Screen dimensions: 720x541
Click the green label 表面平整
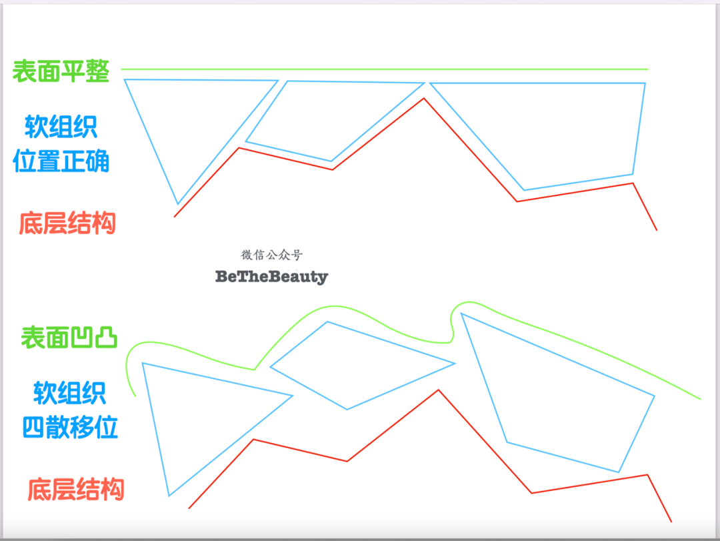pos(61,71)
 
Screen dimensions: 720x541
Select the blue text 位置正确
pos(61,161)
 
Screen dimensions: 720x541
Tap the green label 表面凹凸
pos(69,337)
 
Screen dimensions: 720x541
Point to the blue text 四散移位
pos(70,427)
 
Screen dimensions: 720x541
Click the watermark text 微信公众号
pos(271,255)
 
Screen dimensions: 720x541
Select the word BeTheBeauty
pos(271,276)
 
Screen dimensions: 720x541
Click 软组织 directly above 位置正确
pos(61,125)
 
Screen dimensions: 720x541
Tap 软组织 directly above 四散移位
pos(70,393)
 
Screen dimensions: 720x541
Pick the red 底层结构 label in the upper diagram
pos(67,223)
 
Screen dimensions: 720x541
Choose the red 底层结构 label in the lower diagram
pos(76,490)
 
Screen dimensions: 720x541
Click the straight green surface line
pos(384,69)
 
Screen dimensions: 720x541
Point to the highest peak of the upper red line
pos(423,99)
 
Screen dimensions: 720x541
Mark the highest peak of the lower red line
pos(438,390)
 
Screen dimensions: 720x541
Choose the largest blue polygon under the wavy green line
pos(560,394)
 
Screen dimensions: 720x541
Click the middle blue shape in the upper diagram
pos(327,117)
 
